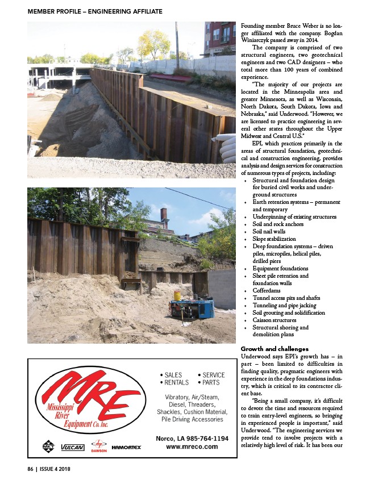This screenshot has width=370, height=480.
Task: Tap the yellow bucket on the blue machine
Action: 177,296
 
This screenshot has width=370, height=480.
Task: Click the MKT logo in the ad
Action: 48,446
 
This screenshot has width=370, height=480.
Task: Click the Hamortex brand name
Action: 127,448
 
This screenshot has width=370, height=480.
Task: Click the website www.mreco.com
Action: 192,446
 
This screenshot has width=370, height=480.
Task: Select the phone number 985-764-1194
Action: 205,439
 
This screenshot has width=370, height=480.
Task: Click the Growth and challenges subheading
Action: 275,348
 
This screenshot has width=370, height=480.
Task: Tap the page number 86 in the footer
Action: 31,469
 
